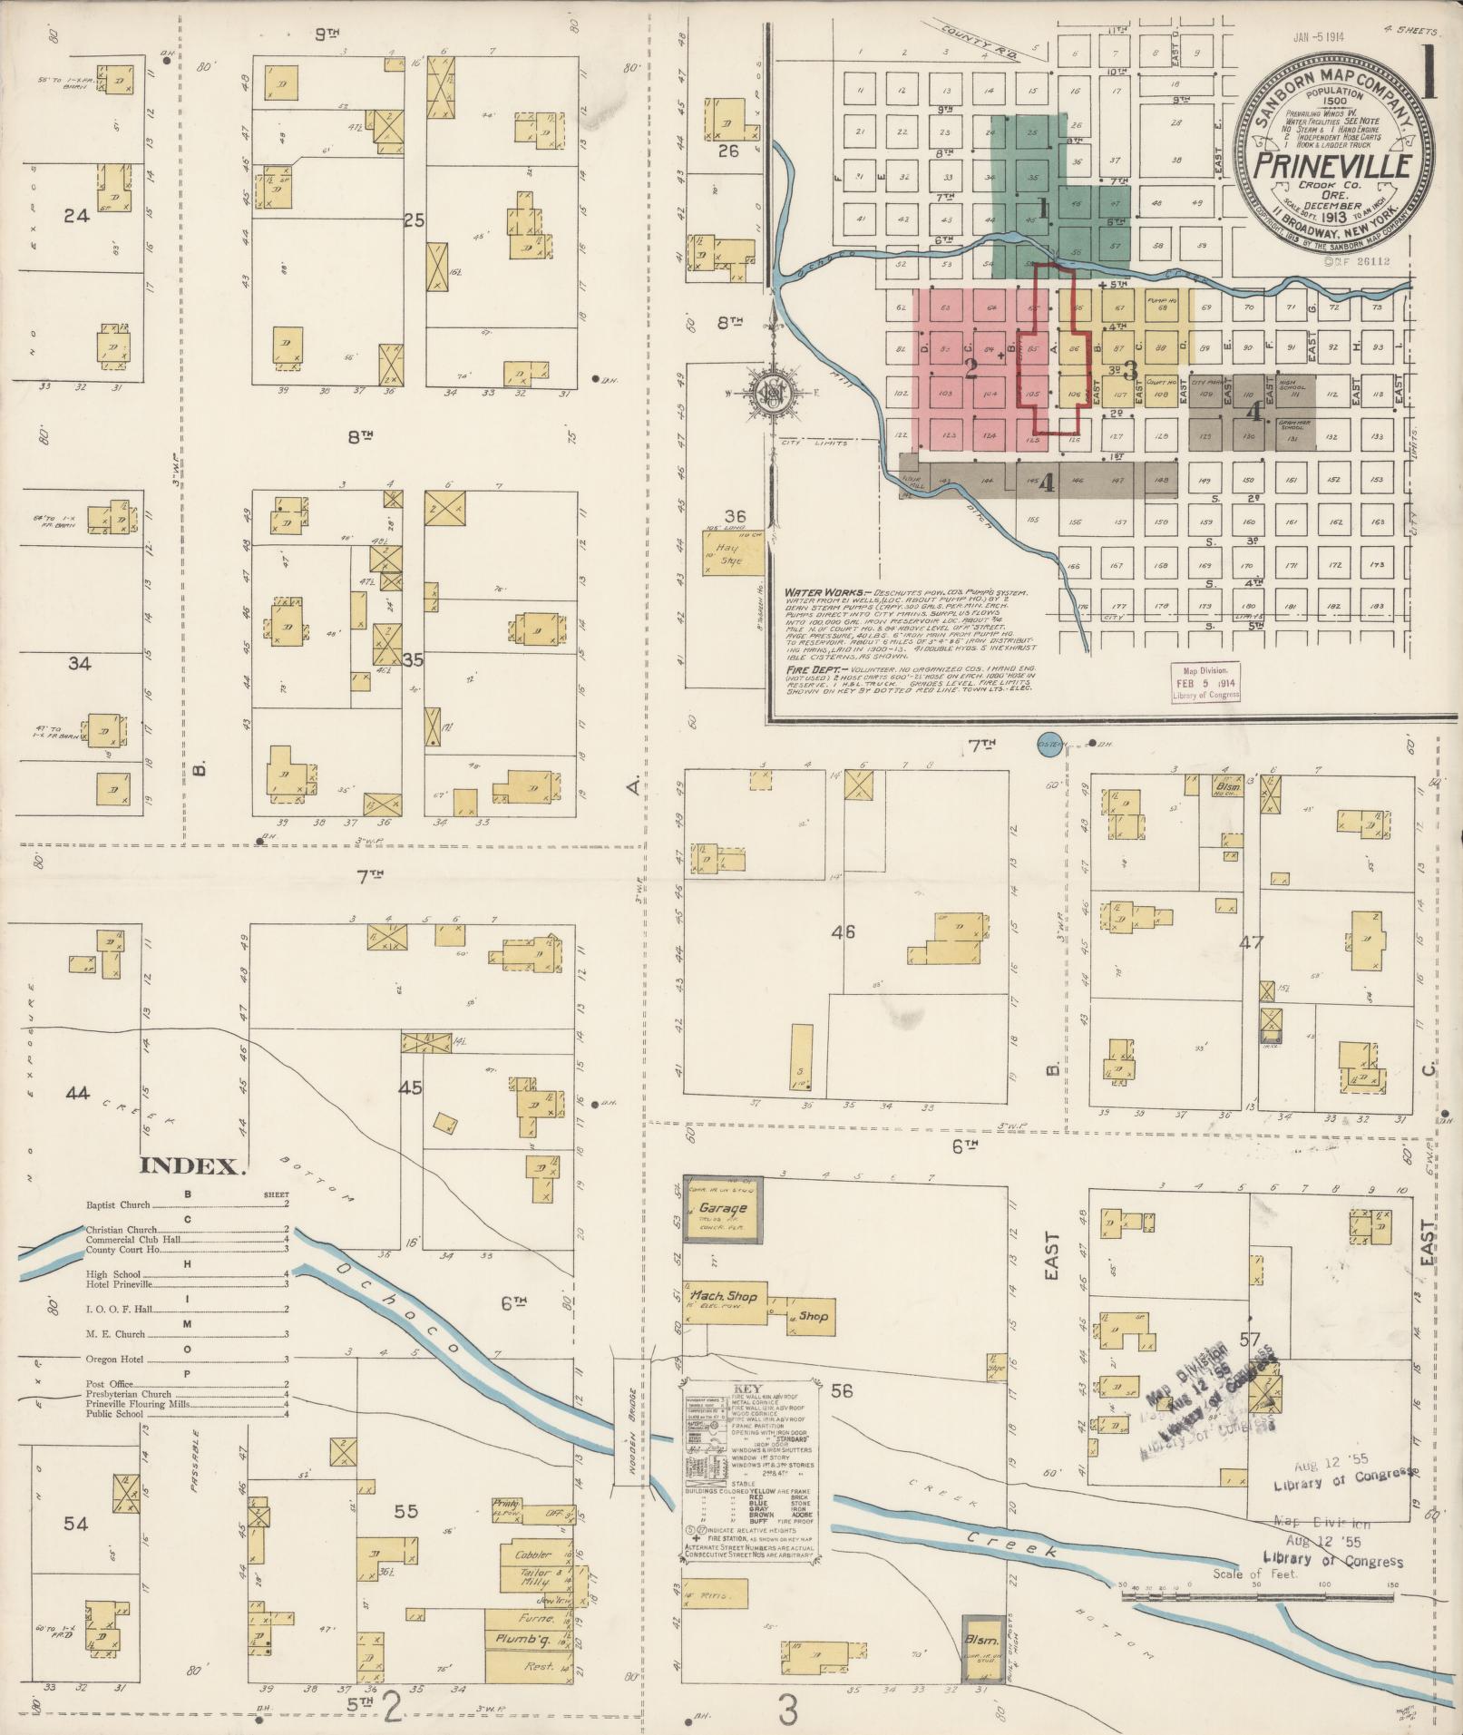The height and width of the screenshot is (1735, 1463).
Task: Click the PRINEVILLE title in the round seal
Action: [1331, 166]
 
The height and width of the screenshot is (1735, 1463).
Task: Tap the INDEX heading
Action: [193, 1167]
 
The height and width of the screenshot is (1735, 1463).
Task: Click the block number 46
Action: [844, 931]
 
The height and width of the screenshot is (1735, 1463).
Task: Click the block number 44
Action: [77, 1094]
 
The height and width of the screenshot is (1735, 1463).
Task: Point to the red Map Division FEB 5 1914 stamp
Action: [1204, 682]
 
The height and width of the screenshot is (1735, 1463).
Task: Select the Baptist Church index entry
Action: [117, 1206]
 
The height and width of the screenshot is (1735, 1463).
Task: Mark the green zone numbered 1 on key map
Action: [1043, 209]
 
